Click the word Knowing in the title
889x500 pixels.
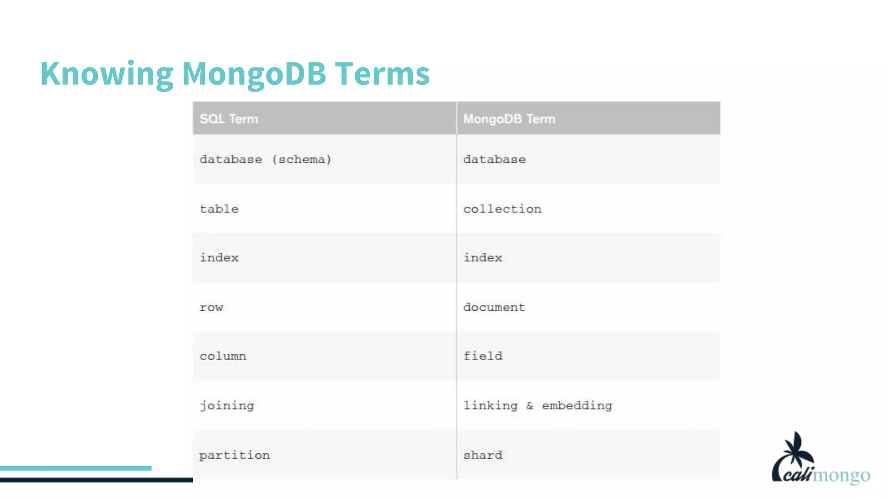[x=107, y=74]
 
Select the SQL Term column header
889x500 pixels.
[x=229, y=119]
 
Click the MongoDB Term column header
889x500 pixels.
[x=509, y=119]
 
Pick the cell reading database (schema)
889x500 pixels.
[x=265, y=160]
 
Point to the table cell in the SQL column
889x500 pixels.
[x=219, y=209]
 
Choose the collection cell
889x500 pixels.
[x=502, y=209]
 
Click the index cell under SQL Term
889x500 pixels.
[x=219, y=258]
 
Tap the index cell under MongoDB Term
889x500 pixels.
[x=483, y=258]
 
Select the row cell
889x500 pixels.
[x=211, y=308]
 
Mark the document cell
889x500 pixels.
[x=494, y=307]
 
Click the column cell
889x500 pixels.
[x=223, y=356]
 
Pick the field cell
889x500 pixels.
[x=483, y=356]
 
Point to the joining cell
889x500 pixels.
[x=227, y=406]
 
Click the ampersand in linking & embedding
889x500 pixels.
[x=530, y=406]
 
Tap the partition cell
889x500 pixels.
[x=234, y=455]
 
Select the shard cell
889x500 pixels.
[x=483, y=455]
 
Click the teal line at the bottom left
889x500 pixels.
[x=76, y=468]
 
